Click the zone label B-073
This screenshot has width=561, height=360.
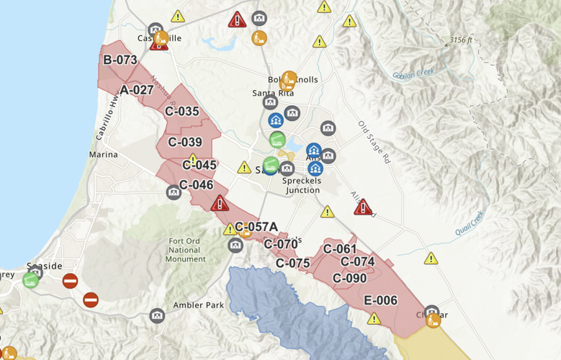pos(120,60)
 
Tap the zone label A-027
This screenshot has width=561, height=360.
pos(137,90)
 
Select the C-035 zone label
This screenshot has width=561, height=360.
pos(181,112)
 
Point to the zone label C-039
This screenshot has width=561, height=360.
pos(185,143)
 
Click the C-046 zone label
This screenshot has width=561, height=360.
pos(196,185)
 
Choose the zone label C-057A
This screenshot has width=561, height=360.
pos(256,227)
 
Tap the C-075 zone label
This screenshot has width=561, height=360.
pos(292,264)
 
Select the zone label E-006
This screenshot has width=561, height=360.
pos(380,301)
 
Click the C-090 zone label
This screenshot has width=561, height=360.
pos(349,278)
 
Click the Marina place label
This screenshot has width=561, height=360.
pos(103,155)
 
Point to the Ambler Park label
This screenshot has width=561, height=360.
pos(198,305)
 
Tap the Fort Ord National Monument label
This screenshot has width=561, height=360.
pos(186,250)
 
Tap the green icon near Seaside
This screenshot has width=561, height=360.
pos(30,279)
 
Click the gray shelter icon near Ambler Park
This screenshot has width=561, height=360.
pos(157,315)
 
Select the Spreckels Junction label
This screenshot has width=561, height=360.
pos(302,186)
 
